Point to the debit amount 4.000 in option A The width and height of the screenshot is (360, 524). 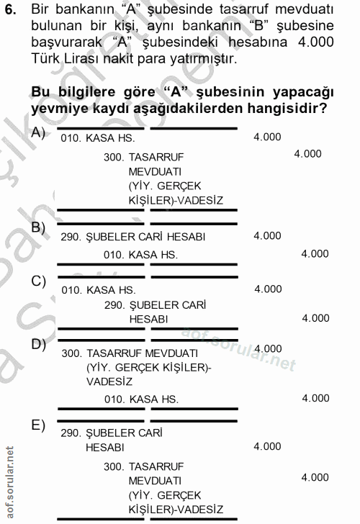(x=268, y=137)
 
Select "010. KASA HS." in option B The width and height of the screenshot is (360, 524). (x=140, y=255)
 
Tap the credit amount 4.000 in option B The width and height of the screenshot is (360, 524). (x=315, y=253)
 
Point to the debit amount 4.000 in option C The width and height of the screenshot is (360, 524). (x=269, y=289)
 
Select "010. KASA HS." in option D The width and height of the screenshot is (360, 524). (x=140, y=399)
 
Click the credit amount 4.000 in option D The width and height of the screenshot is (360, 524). (x=315, y=398)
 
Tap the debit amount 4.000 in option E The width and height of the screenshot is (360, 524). (x=268, y=446)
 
